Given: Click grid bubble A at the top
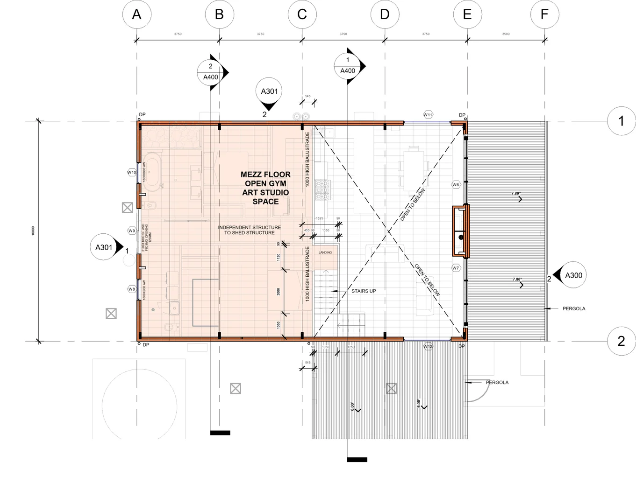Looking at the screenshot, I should [x=136, y=14].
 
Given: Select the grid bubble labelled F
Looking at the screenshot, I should [x=544, y=14].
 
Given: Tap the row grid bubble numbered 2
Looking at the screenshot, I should [x=621, y=341].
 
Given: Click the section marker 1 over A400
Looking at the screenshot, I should [x=348, y=66].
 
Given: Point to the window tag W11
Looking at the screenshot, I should [x=428, y=115].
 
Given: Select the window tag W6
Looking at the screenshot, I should [x=456, y=185].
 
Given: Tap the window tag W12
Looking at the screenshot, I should [x=428, y=346].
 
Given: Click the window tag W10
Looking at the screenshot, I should [x=132, y=173].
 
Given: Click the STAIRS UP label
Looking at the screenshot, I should [x=364, y=291].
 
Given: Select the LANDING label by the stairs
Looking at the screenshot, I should [x=325, y=252].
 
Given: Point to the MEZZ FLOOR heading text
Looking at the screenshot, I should [x=265, y=175].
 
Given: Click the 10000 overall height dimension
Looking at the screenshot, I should [x=33, y=231].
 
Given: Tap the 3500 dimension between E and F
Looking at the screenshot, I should [x=506, y=34].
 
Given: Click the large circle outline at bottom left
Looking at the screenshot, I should [x=139, y=405].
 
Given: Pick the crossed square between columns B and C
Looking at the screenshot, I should [x=236, y=388].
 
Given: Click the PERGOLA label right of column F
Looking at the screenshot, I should [x=574, y=308].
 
